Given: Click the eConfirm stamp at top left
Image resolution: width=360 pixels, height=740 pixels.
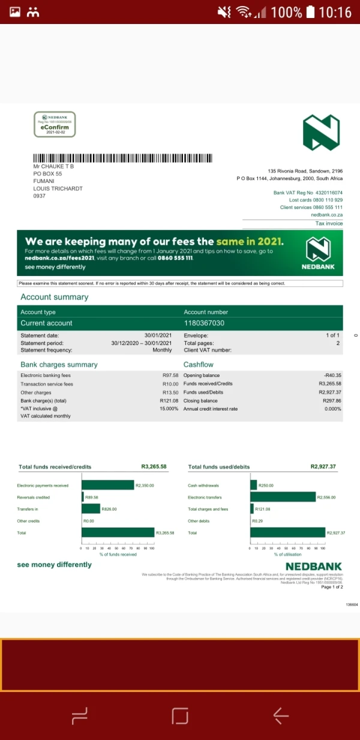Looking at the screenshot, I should coord(54,124).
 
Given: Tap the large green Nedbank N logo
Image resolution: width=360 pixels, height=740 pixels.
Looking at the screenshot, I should coord(321,133).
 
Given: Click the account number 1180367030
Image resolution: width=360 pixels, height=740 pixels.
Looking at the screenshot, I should coord(204,323).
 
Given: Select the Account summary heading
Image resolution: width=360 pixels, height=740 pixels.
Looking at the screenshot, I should coord(54,297).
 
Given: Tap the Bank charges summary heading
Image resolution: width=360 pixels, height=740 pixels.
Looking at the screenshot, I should coord(59,364).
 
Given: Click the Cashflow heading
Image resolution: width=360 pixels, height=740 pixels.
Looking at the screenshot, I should coord(198,364).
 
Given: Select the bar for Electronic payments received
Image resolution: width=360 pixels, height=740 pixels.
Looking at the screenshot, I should coord(107,485).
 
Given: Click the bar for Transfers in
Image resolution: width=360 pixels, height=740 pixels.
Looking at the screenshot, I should coord(91,509).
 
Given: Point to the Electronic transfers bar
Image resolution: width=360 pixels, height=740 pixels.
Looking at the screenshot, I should coord(283,497).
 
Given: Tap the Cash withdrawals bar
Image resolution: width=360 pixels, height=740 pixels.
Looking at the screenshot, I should coord(253,485).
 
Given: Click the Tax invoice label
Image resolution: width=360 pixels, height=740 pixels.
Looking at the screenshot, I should coord(329,224).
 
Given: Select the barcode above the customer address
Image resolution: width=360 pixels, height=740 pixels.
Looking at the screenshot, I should coord(127,158).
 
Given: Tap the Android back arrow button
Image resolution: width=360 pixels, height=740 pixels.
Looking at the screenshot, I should coord(281,715).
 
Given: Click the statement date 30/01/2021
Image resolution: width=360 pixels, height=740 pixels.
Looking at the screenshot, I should coord(158,335).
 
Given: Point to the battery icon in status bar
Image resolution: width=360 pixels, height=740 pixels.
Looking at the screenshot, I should coord(310,11).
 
